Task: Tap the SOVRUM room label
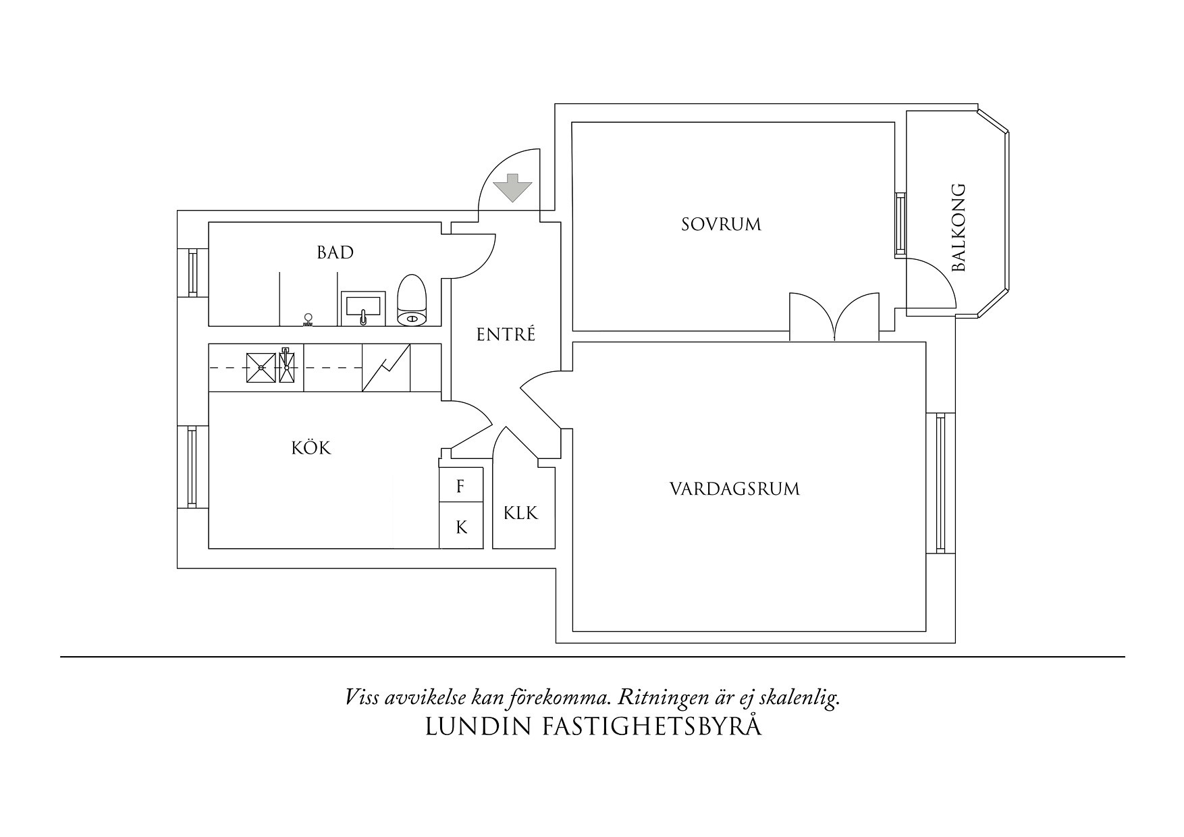click(721, 225)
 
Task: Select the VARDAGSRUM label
click(734, 489)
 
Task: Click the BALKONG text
click(959, 228)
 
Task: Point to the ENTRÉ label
click(506, 335)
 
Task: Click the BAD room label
click(335, 253)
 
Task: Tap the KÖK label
click(312, 448)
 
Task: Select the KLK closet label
click(520, 514)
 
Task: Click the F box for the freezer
click(461, 486)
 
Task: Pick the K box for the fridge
click(461, 526)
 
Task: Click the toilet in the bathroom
click(412, 301)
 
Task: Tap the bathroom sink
click(363, 308)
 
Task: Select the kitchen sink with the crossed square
click(261, 368)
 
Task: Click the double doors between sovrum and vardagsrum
click(835, 317)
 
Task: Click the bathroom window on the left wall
click(192, 273)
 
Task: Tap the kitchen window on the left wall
click(192, 467)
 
